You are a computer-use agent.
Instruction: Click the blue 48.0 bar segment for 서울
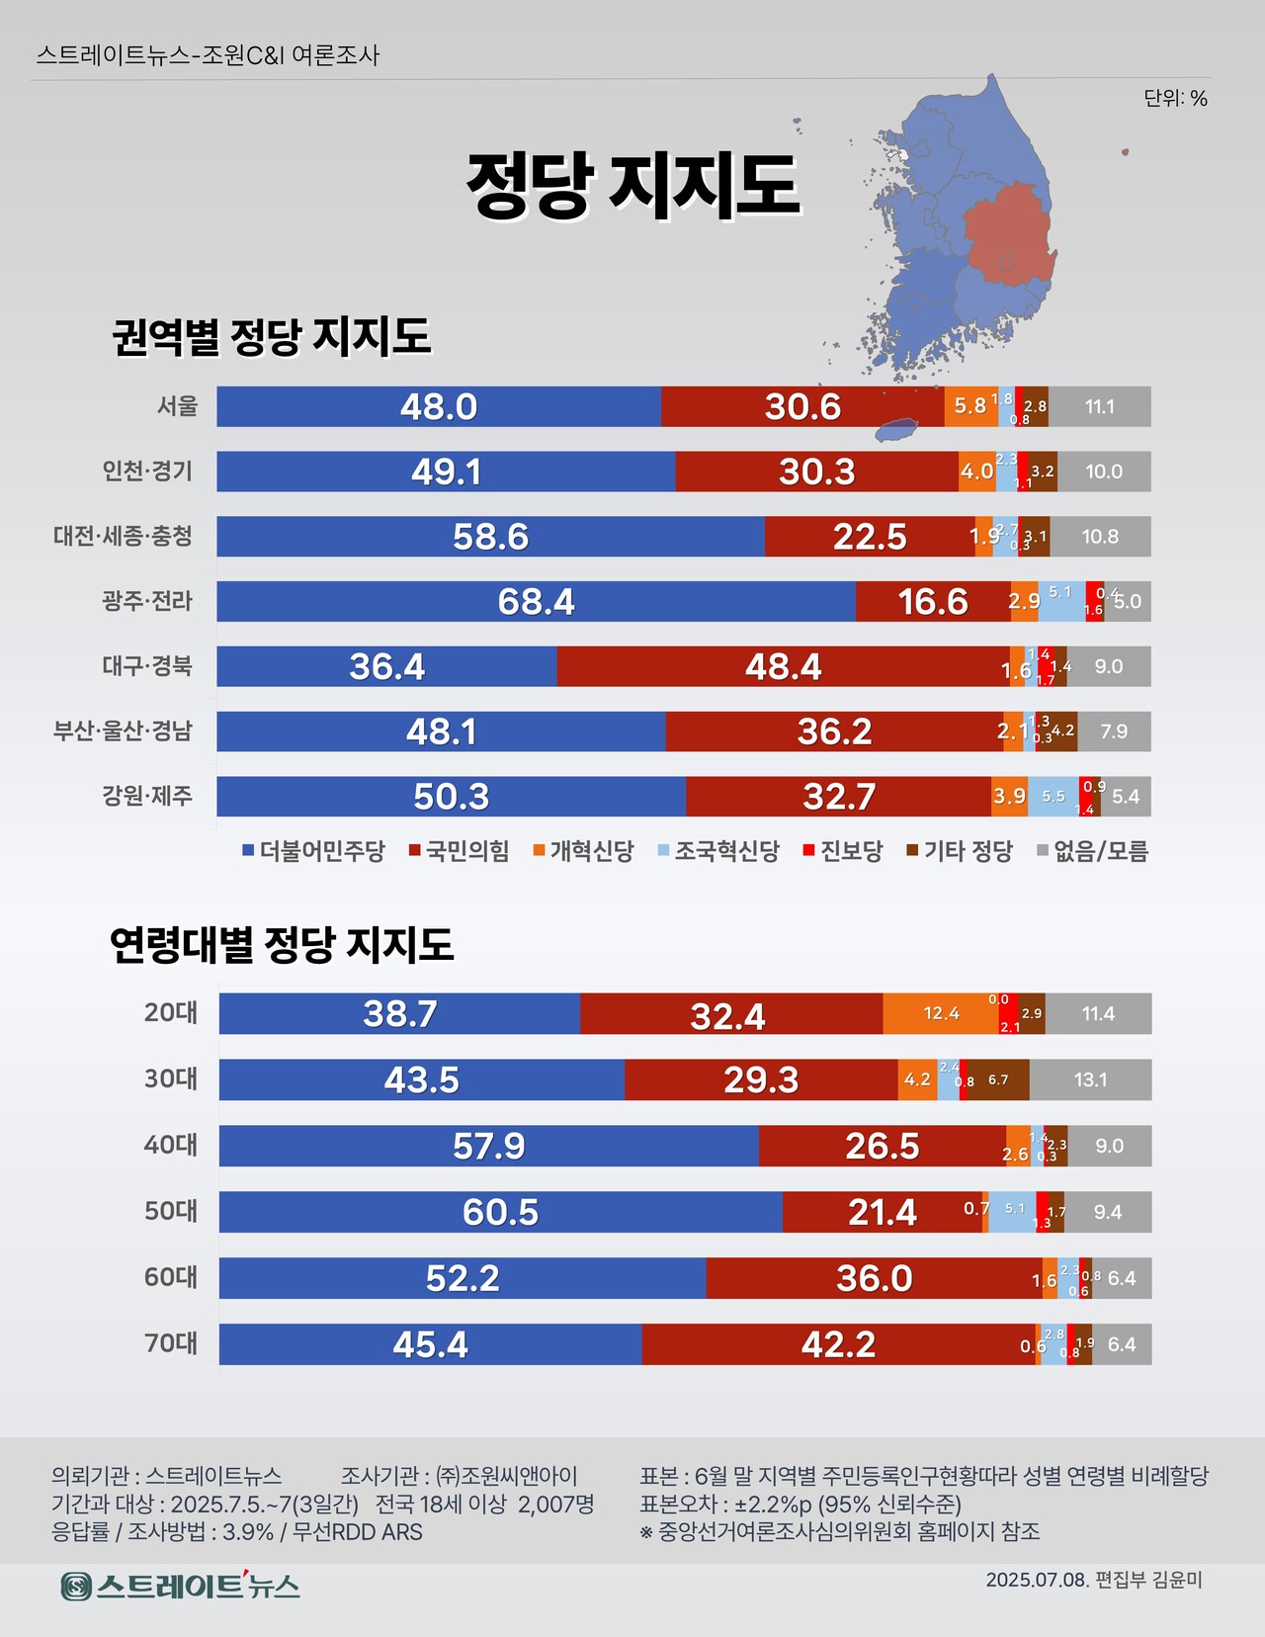[439, 406]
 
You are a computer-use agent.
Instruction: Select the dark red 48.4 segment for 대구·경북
[784, 666]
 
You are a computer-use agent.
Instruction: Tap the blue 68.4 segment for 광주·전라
[536, 601]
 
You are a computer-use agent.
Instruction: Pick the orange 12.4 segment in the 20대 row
[940, 1013]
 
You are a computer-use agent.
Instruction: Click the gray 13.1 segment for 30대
[1090, 1079]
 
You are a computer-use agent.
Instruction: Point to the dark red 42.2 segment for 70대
[838, 1344]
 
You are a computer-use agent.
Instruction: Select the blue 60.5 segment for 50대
[500, 1212]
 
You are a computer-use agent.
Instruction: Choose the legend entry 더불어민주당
[313, 851]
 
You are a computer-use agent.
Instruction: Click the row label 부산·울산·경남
[123, 731]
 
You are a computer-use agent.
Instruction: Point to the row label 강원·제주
[147, 796]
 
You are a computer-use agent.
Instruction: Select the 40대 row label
[171, 1145]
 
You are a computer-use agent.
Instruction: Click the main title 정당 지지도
[632, 186]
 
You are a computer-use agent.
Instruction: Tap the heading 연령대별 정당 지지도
[282, 945]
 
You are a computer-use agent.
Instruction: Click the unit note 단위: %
[1175, 98]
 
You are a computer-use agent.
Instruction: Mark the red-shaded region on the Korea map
[1006, 237]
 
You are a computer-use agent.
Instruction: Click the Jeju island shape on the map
[897, 430]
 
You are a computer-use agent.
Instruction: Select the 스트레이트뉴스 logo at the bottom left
[180, 1586]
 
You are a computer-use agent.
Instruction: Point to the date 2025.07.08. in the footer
[1036, 1580]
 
